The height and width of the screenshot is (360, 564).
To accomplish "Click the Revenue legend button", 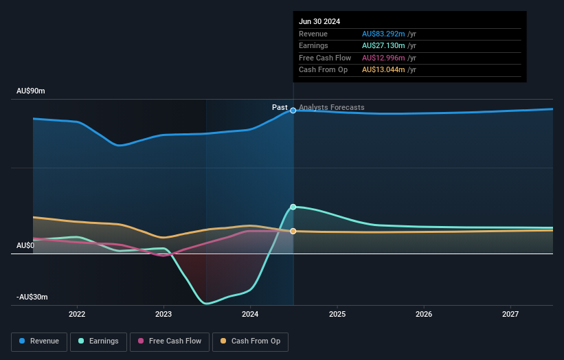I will point(40,341).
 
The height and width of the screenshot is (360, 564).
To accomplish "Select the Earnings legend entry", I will point(98,341).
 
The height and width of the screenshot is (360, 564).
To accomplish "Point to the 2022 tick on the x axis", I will point(77,315).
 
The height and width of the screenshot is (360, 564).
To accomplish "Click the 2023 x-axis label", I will point(163,315).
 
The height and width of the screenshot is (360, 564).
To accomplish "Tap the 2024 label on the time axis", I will point(250,315).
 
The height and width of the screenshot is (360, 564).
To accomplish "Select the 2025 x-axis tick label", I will point(337,315).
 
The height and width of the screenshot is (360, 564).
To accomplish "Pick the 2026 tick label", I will point(424,315).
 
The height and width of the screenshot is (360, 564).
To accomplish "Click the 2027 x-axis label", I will point(510,315).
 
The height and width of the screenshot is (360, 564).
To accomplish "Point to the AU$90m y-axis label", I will point(30,91).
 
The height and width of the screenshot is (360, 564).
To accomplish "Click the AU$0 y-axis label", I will point(25,245).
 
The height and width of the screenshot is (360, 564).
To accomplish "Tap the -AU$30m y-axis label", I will point(32,297).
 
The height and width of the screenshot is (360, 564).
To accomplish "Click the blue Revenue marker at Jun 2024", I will point(293,110).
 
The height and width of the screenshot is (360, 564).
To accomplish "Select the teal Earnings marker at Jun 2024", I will point(293,207).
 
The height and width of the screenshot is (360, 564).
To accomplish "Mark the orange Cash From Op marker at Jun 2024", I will point(293,231).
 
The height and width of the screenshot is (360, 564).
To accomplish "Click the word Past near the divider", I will point(280,107).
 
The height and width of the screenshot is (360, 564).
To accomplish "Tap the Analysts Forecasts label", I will point(332,107).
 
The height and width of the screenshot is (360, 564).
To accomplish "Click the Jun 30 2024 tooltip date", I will point(319,22).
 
